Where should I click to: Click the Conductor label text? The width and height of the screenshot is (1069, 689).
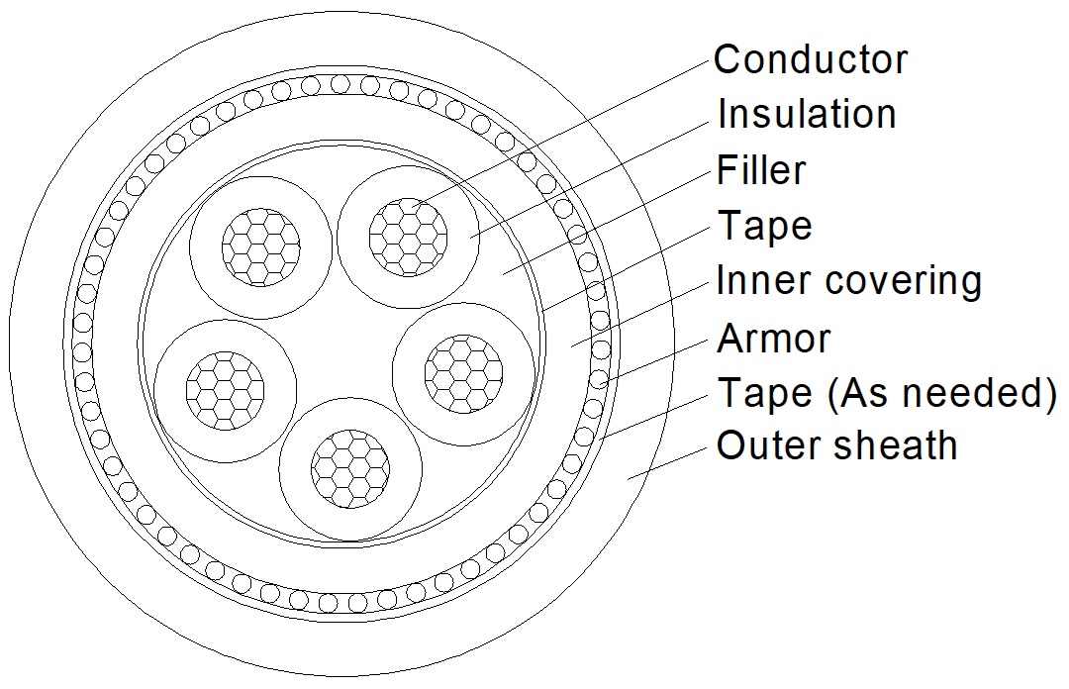pyautogui.click(x=811, y=59)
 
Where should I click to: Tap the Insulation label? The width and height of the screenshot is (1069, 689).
pyautogui.click(x=807, y=113)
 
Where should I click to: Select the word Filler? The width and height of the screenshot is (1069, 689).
pyautogui.click(x=761, y=169)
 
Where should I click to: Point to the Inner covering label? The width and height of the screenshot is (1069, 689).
pyautogui.click(x=849, y=281)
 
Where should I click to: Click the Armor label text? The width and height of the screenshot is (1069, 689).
pyautogui.click(x=774, y=338)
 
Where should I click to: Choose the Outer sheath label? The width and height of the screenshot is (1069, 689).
pyautogui.click(x=836, y=445)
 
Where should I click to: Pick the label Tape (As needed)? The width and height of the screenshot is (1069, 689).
pyautogui.click(x=887, y=394)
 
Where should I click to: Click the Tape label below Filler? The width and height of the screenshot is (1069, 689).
pyautogui.click(x=764, y=226)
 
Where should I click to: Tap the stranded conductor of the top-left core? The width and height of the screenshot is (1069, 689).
pyautogui.click(x=261, y=246)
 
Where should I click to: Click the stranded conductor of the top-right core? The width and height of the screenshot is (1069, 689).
pyautogui.click(x=409, y=238)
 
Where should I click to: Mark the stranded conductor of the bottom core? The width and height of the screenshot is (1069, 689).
pyautogui.click(x=350, y=468)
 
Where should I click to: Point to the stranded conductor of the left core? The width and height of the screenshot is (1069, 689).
pyautogui.click(x=225, y=391)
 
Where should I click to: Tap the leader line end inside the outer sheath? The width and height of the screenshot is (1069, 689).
pyautogui.click(x=629, y=479)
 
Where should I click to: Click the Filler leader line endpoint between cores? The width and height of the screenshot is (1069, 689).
pyautogui.click(x=503, y=274)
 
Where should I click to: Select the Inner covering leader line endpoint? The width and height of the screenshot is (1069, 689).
pyautogui.click(x=571, y=345)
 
